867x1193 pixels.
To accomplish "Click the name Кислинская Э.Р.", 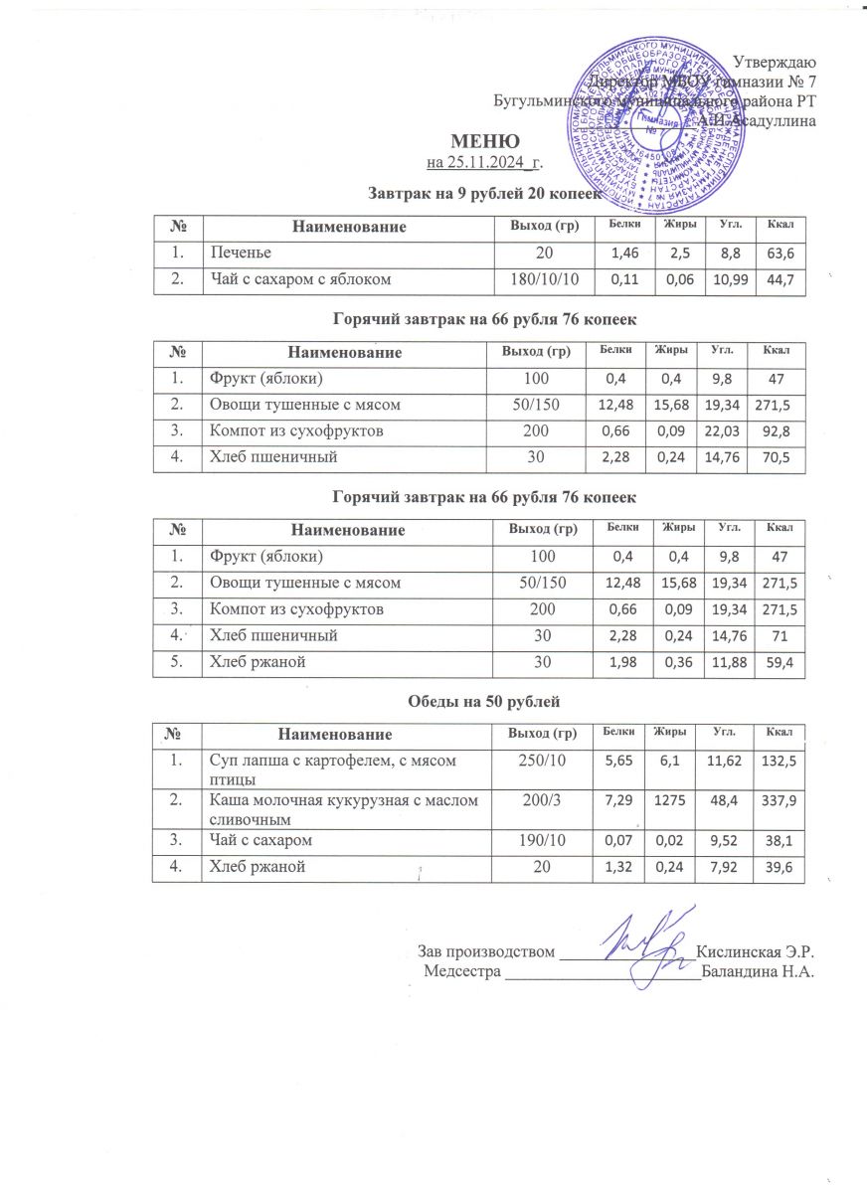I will point(757,951).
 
